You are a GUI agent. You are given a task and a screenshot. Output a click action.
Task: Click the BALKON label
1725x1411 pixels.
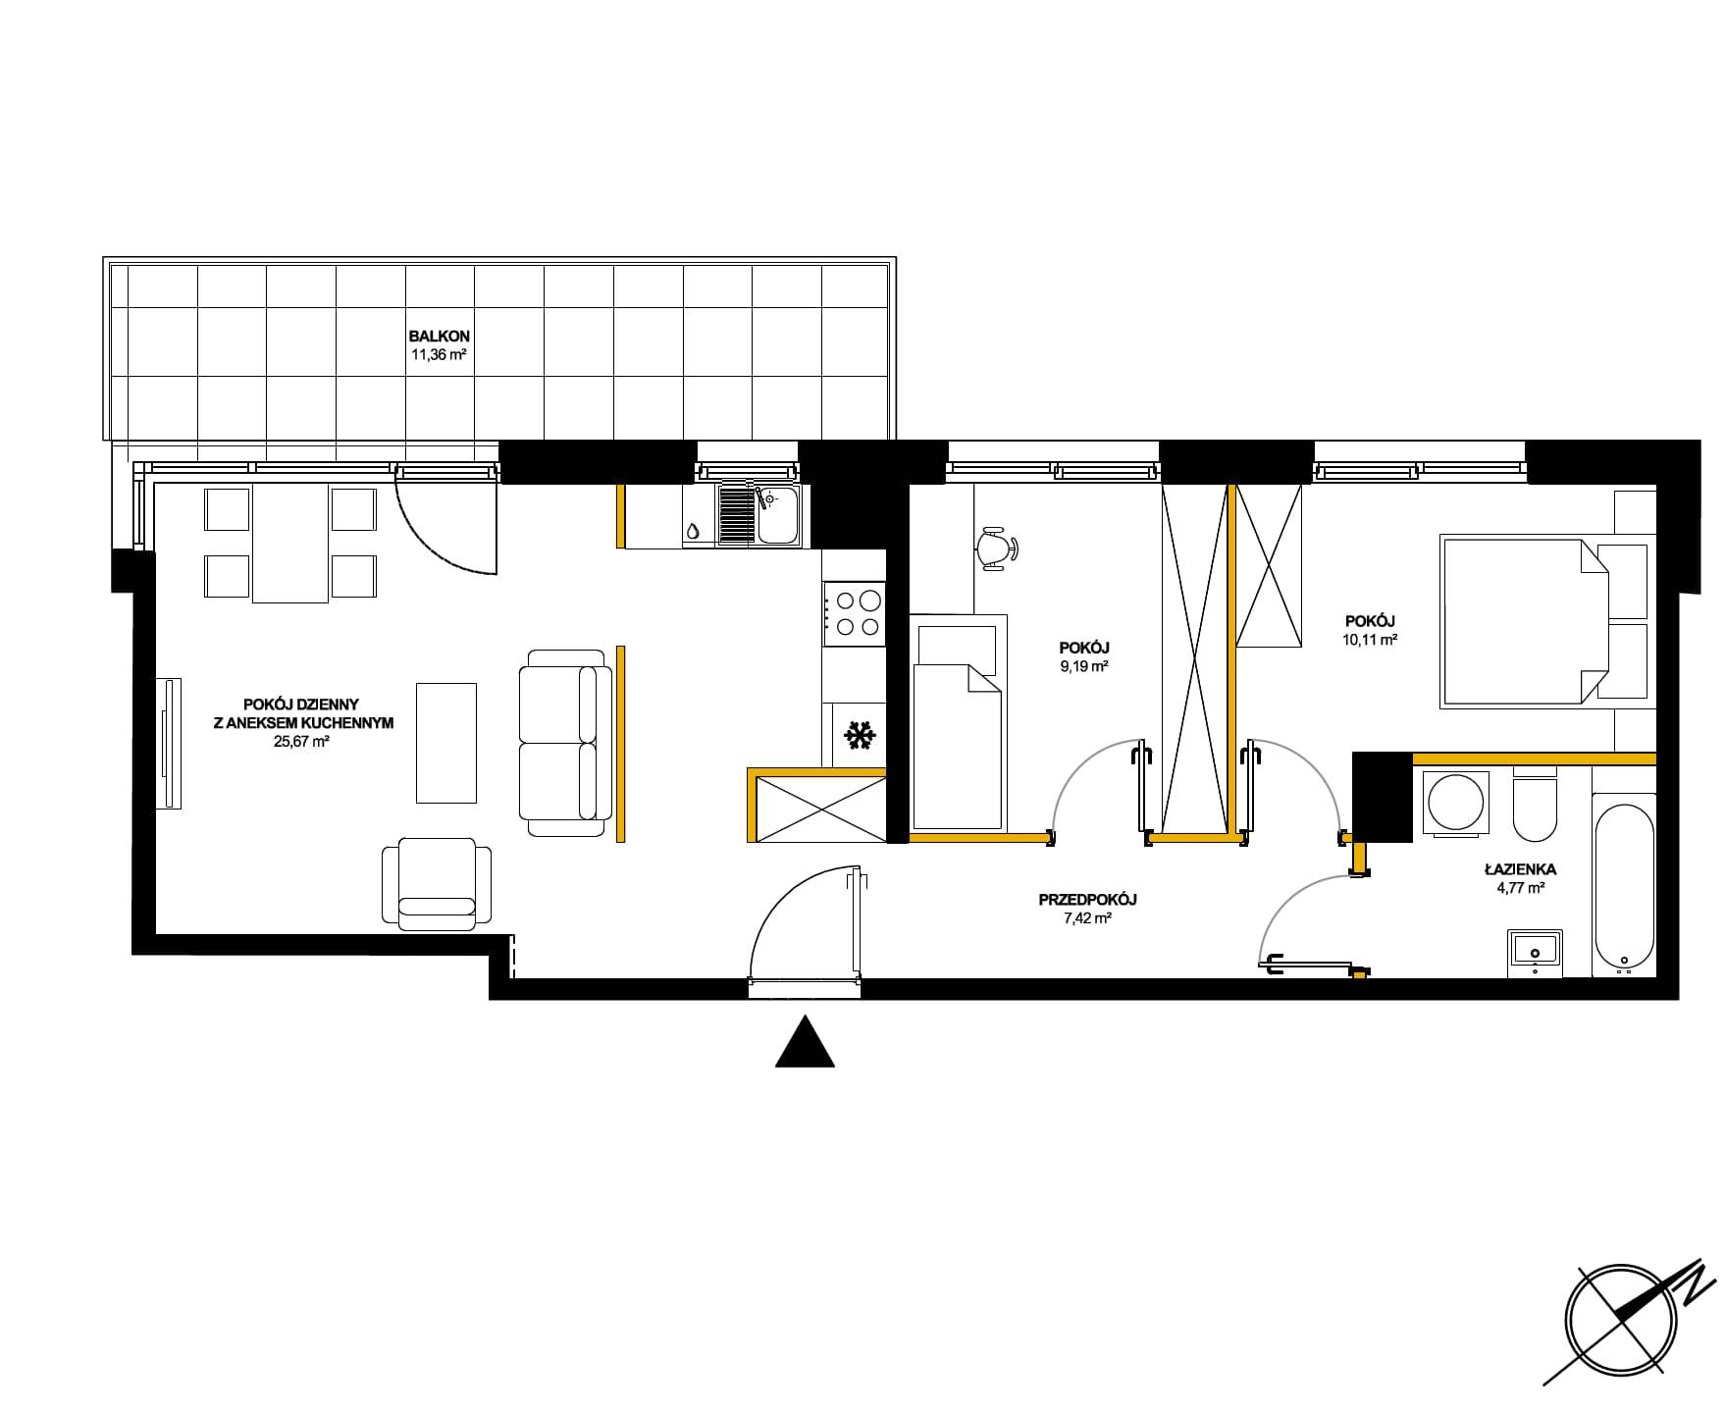(439, 337)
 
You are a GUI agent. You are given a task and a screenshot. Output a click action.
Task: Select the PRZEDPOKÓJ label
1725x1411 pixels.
(1087, 899)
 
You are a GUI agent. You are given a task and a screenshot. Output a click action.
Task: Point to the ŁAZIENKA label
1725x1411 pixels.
(1520, 869)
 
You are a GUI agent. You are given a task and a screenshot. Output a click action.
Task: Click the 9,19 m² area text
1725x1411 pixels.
(1084, 666)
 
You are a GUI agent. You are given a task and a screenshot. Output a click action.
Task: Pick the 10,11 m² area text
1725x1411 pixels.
(1371, 639)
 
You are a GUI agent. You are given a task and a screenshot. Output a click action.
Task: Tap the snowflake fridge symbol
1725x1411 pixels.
(860, 736)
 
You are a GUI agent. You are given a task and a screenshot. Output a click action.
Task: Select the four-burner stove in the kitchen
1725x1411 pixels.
(854, 613)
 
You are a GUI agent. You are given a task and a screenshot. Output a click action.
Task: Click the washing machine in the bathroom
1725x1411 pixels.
(1456, 804)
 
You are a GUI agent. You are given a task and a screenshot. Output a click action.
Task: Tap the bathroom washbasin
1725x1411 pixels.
(1535, 952)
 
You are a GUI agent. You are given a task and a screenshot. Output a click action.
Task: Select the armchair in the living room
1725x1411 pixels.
(437, 882)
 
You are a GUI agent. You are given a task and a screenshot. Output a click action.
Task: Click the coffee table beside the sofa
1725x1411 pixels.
(446, 743)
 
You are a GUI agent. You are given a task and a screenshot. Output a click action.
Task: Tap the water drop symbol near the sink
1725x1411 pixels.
(693, 531)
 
